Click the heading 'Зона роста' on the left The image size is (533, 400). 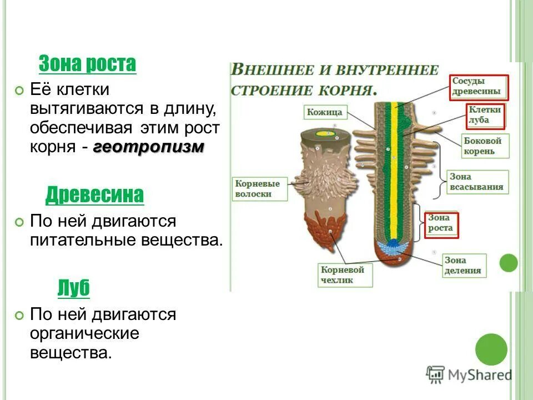click(87, 64)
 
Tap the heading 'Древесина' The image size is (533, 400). click(94, 194)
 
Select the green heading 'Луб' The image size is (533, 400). click(73, 288)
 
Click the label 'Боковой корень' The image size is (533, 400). click(482, 146)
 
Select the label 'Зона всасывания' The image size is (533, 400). click(476, 182)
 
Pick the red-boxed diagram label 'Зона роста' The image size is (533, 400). click(441, 224)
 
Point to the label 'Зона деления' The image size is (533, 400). click(462, 266)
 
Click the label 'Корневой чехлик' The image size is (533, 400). click(341, 274)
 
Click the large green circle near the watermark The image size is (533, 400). click(491, 349)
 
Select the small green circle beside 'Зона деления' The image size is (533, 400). click(508, 263)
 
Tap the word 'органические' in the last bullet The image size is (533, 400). click(84, 333)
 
